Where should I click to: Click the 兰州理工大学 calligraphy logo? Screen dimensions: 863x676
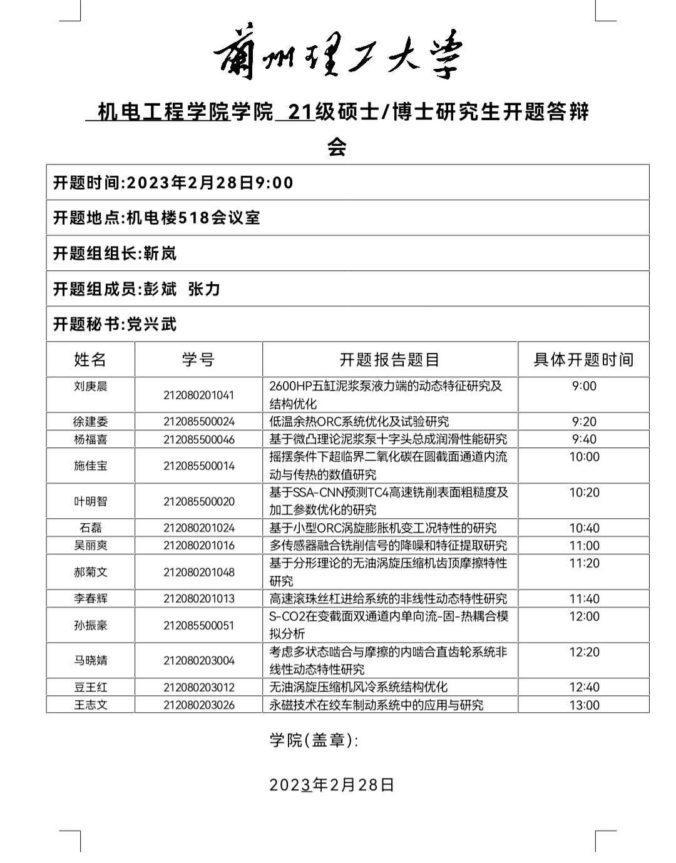[338, 55]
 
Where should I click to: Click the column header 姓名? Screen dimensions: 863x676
[90, 360]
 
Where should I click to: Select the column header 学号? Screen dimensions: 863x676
[198, 360]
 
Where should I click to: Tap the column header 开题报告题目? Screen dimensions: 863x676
[389, 360]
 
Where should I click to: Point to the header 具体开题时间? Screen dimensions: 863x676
[583, 360]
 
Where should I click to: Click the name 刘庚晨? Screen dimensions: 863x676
[90, 386]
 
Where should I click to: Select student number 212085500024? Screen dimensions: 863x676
[199, 422]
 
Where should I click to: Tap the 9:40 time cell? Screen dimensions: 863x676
[583, 439]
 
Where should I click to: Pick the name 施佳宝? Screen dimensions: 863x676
[90, 466]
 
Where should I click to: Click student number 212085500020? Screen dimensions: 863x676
[199, 501]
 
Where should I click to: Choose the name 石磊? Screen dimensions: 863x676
[90, 528]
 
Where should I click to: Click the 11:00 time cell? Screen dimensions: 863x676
[583, 546]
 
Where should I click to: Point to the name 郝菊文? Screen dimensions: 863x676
[90, 572]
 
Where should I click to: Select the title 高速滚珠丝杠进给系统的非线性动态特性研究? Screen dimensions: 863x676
[388, 599]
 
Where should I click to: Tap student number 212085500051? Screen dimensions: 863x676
[199, 625]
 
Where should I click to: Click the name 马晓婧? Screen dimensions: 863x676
[90, 660]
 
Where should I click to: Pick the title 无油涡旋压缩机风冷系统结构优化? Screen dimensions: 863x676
[358, 687]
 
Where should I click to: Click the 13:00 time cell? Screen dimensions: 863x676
[583, 705]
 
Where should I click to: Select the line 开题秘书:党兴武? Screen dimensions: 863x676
[115, 324]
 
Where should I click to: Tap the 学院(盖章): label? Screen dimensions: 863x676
[314, 740]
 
